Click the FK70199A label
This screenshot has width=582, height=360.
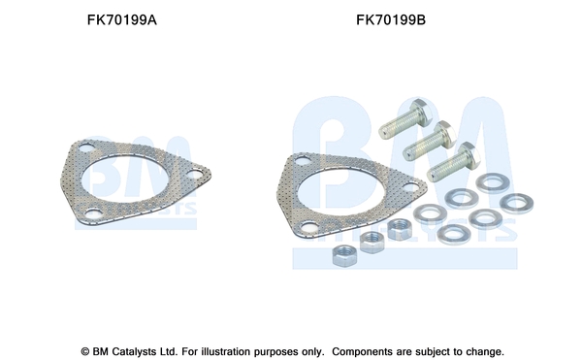click(x=122, y=19)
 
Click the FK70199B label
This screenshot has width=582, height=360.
click(x=391, y=19)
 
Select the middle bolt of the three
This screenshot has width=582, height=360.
click(x=430, y=140)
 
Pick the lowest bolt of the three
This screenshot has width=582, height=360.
click(x=453, y=162)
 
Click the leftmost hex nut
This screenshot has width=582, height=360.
click(x=344, y=256)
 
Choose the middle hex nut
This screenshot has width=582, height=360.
click(x=372, y=243)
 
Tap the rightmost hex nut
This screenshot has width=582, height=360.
click(x=400, y=229)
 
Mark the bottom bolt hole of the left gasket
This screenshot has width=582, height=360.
click(x=93, y=213)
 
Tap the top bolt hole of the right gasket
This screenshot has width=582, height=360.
click(x=304, y=161)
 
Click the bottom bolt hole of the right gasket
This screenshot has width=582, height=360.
click(x=309, y=227)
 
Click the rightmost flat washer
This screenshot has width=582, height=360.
click(x=516, y=204)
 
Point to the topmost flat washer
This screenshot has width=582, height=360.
click(x=493, y=183)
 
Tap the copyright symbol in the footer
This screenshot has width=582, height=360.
click(x=85, y=351)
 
